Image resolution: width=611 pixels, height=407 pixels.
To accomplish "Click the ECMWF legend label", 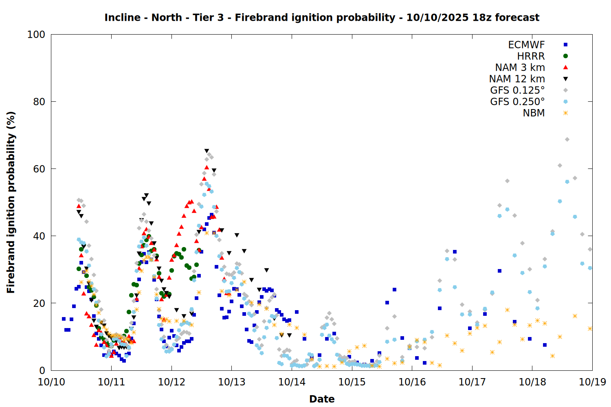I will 526,45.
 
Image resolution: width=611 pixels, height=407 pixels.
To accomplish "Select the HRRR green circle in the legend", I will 565,56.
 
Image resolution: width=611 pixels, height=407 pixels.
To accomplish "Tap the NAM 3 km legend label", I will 520,68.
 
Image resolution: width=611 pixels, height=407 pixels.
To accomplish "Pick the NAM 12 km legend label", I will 517,79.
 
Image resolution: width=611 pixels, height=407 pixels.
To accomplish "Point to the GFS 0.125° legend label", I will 517,90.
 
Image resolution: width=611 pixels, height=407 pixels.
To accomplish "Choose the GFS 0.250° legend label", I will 517,102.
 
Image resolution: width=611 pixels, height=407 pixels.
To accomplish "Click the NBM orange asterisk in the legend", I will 565,113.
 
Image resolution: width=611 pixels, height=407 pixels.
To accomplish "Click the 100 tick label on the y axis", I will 36,35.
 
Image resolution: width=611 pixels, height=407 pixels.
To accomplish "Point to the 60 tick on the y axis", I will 39,169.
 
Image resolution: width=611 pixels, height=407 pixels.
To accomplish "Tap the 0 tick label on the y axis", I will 42,370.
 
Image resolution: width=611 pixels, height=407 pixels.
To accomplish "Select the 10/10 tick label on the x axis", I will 51,382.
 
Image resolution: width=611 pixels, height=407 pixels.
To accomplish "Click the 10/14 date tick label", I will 292,382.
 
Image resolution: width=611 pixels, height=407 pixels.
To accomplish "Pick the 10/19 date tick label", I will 592,382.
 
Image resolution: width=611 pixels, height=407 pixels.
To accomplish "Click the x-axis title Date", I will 322,399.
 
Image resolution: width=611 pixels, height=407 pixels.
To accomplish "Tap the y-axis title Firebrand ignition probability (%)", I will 11,202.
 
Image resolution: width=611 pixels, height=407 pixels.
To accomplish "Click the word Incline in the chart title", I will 122,18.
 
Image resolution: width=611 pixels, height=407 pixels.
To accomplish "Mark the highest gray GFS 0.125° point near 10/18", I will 567,140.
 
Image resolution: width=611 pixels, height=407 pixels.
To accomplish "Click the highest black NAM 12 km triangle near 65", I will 207,151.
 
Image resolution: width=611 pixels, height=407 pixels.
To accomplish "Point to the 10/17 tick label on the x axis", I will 472,382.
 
